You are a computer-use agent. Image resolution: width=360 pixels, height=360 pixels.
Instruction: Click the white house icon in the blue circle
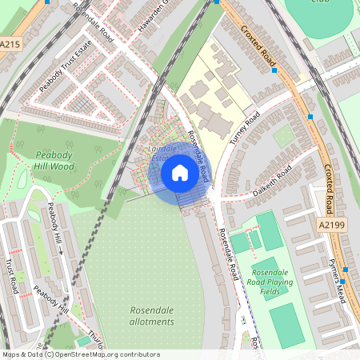point(180,172)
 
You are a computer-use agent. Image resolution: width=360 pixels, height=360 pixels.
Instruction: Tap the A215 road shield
point(10,45)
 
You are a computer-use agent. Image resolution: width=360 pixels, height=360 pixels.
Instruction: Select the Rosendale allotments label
point(151,315)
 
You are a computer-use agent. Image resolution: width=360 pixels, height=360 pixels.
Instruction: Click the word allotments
point(151,322)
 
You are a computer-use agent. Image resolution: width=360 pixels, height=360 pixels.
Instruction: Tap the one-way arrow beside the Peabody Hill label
point(59,250)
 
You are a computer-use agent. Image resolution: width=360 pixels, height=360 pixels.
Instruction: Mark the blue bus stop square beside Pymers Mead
point(342,282)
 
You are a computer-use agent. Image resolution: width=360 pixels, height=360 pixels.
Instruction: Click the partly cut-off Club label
point(321,2)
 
